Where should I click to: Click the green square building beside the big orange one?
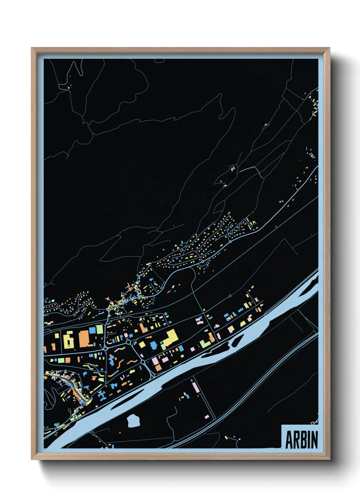99,329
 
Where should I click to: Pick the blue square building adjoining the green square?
92,330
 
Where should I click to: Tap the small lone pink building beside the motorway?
207,416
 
